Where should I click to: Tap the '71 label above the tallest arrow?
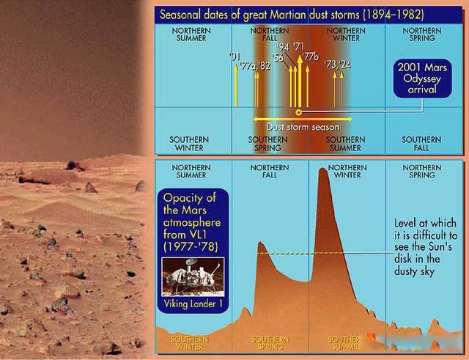(298, 47)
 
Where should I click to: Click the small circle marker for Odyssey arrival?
(298, 112)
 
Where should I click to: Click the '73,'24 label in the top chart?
(337, 65)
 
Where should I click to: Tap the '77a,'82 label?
(256, 65)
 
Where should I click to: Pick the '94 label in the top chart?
(284, 47)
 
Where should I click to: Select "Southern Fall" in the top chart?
(421, 143)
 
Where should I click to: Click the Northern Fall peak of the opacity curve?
(260, 244)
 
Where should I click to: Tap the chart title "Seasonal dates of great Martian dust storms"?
(292, 14)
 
